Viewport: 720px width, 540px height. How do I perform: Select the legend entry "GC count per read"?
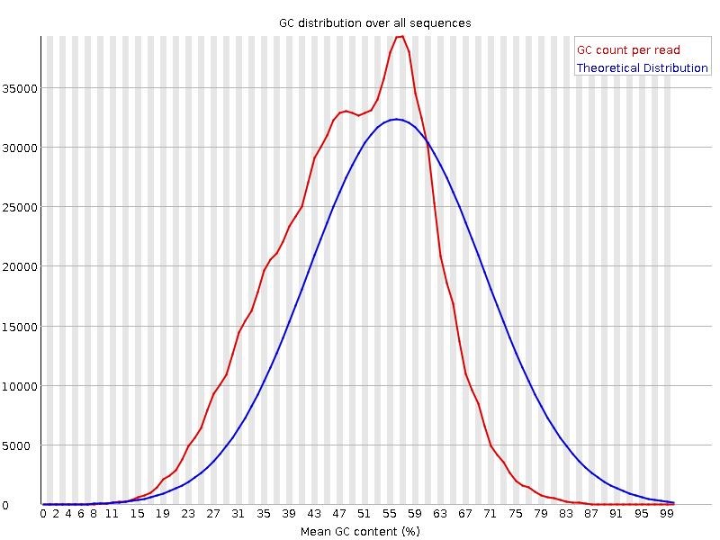(x=628, y=50)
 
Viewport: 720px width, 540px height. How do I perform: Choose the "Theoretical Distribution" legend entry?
(x=642, y=68)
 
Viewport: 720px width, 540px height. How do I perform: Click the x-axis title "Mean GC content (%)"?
(x=360, y=531)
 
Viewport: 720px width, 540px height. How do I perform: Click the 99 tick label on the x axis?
(x=666, y=514)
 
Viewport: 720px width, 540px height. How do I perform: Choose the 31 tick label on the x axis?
(x=238, y=514)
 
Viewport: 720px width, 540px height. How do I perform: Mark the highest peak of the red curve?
(x=400, y=36)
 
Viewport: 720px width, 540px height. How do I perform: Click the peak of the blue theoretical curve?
(x=396, y=119)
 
